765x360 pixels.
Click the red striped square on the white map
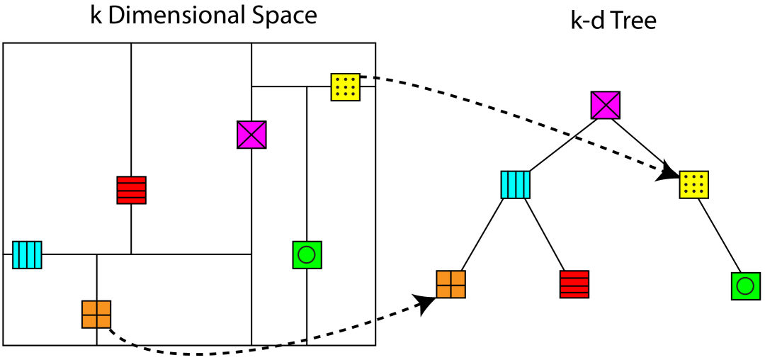pyautogui.click(x=131, y=190)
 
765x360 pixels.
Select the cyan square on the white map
pyautogui.click(x=27, y=254)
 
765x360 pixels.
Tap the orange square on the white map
pyautogui.click(x=96, y=314)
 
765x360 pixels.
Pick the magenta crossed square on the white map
pyautogui.click(x=251, y=135)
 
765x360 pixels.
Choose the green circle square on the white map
pyautogui.click(x=307, y=254)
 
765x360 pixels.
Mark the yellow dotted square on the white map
pyautogui.click(x=345, y=87)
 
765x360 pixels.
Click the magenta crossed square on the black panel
pyautogui.click(x=605, y=105)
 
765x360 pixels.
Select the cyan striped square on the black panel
pyautogui.click(x=515, y=184)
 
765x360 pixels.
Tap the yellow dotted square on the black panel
pyautogui.click(x=693, y=184)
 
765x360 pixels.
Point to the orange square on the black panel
pyautogui.click(x=450, y=284)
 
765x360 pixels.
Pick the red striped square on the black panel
pyautogui.click(x=574, y=284)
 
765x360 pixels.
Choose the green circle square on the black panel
pyautogui.click(x=745, y=286)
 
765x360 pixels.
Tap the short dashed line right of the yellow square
pyautogui.click(x=367, y=77)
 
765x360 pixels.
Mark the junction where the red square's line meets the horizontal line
pyautogui.click(x=131, y=254)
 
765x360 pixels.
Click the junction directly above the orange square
pyautogui.click(x=97, y=254)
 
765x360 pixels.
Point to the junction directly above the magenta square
pyautogui.click(x=251, y=86)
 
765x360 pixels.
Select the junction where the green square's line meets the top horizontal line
pyautogui.click(x=307, y=86)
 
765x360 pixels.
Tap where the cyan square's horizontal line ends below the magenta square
pyautogui.click(x=251, y=254)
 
